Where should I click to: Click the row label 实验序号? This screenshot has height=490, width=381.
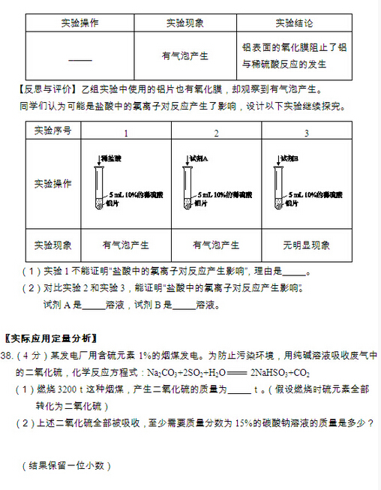click(53, 131)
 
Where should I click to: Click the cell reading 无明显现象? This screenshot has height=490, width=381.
click(306, 245)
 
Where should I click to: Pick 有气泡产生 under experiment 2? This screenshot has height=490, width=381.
click(216, 245)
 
